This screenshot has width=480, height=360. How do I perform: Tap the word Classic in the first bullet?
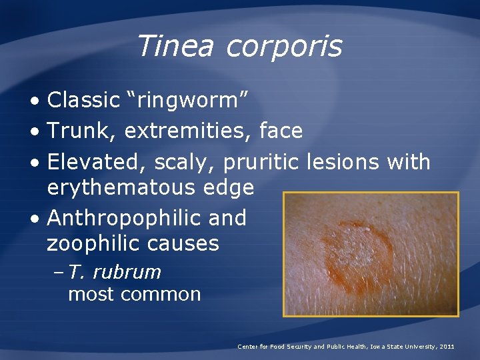[x=83, y=100]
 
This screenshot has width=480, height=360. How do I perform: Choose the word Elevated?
[x=97, y=162]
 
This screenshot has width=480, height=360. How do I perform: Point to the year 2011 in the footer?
[x=447, y=347]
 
